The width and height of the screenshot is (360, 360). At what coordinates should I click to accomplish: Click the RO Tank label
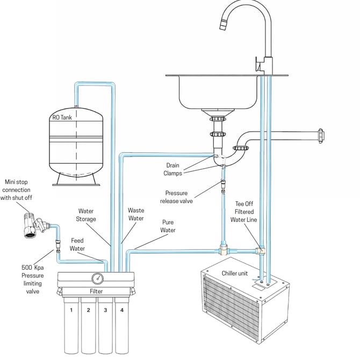[x=62, y=118]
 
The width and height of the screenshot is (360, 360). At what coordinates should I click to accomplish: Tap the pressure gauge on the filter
[x=98, y=278]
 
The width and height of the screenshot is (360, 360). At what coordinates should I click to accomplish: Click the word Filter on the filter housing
[x=96, y=291]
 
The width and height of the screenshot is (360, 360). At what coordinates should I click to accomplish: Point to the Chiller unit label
[x=235, y=273]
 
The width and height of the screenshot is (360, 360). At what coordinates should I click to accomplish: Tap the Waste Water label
[x=136, y=214]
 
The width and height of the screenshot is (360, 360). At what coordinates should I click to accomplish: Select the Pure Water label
[x=168, y=226]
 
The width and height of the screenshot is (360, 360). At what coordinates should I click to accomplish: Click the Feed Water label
[x=77, y=244]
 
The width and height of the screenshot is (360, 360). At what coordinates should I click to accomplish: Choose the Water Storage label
[x=86, y=215]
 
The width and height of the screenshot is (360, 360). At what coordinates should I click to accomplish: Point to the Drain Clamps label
[x=172, y=169]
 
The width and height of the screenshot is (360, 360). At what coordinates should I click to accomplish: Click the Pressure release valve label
[x=176, y=197]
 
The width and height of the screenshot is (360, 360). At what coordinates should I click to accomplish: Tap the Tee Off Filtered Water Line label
[x=244, y=212]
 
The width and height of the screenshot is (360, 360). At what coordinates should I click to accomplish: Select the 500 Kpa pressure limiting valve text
[x=32, y=279]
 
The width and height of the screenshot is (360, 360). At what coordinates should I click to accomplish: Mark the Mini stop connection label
[x=16, y=190]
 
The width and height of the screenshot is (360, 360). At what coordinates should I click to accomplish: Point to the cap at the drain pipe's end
[x=321, y=136]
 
